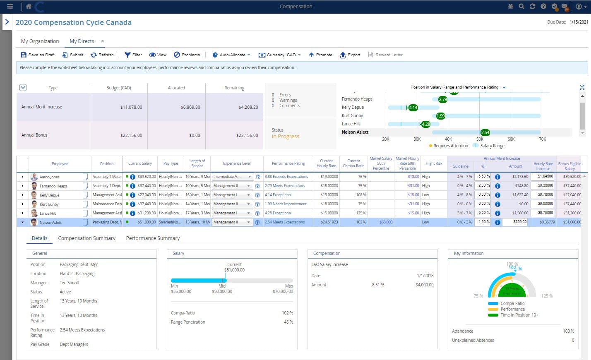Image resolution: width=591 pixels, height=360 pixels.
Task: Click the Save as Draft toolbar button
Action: (38, 55)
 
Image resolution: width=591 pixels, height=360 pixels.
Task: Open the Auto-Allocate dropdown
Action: (231, 55)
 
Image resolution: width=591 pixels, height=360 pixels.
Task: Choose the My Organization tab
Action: (40, 41)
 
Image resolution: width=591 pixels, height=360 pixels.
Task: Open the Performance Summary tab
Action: (153, 238)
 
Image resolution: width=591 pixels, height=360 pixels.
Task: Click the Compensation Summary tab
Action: (86, 238)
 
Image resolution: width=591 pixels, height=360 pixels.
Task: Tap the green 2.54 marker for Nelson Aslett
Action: (485, 132)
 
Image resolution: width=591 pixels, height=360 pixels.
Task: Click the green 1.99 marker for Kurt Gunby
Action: (440, 116)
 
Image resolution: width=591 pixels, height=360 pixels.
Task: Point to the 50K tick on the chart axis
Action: (480, 139)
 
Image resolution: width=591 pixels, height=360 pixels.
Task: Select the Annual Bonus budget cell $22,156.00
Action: (131, 135)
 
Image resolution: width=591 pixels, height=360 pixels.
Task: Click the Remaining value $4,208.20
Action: (248, 107)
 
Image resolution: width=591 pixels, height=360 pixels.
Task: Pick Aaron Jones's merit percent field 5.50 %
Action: (482, 176)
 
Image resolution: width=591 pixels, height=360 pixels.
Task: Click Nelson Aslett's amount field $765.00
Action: (515, 222)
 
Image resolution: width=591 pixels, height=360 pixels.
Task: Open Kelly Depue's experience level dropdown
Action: (248, 195)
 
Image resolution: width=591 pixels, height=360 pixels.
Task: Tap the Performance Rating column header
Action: (288, 163)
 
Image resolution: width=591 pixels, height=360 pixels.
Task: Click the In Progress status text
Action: (285, 137)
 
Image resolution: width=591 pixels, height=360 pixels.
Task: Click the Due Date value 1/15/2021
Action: (579, 22)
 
